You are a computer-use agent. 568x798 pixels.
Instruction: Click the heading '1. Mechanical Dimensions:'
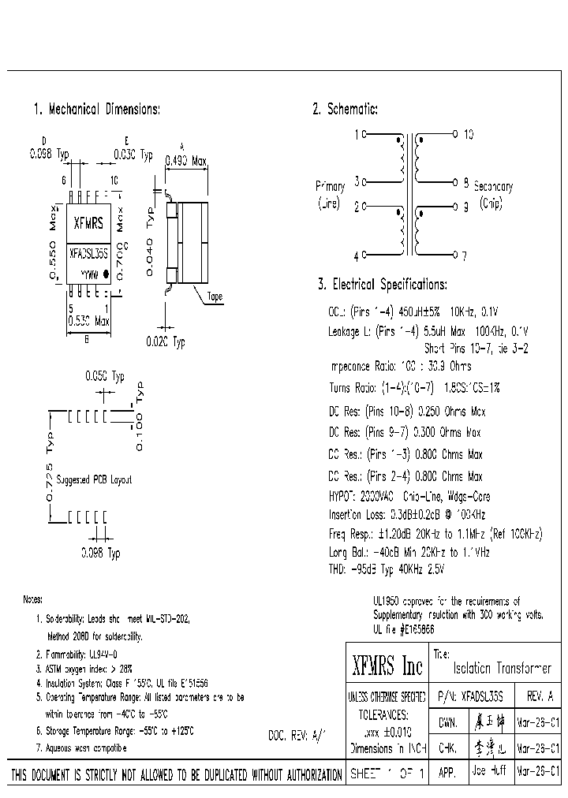(96, 110)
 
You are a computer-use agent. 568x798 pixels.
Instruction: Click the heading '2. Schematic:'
(345, 110)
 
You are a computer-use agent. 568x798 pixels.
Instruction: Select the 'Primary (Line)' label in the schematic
(330, 194)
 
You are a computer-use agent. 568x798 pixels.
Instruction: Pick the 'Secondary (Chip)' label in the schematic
(492, 194)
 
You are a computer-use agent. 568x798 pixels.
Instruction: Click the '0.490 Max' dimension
(185, 161)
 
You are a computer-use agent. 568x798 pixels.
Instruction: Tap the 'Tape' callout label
(215, 297)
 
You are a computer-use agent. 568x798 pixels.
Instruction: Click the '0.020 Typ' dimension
(165, 342)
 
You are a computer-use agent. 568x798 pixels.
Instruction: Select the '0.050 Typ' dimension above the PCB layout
(104, 377)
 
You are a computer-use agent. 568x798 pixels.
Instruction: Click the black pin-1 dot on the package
(106, 276)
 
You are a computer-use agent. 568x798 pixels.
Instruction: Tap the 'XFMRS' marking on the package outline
(88, 223)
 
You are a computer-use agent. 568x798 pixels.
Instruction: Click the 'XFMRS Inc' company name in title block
(387, 668)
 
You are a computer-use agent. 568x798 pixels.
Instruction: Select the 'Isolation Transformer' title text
(502, 669)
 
